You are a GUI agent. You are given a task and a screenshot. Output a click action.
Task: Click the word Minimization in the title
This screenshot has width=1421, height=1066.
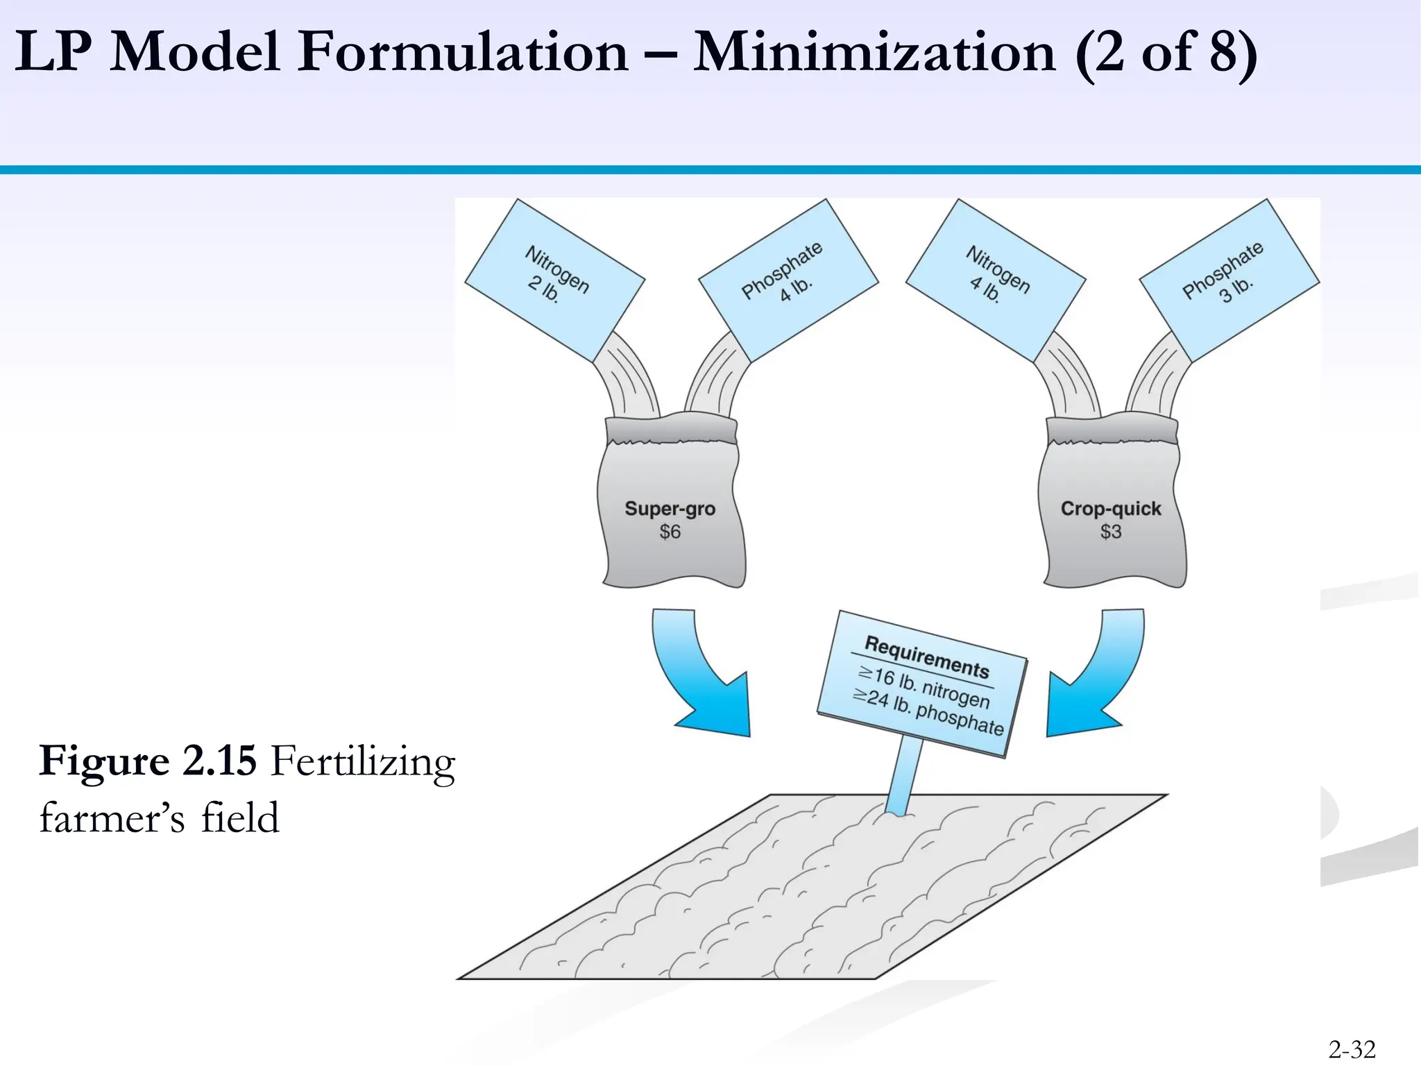click(874, 53)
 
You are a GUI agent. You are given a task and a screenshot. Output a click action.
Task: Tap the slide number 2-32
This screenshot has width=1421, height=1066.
click(1352, 1049)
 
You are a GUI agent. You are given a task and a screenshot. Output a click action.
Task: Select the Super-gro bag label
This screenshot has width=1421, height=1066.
click(670, 509)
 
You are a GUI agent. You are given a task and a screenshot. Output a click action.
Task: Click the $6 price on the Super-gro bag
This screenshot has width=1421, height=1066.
click(670, 532)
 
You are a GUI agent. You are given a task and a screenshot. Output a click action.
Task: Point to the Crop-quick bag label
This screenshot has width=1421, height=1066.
click(1110, 509)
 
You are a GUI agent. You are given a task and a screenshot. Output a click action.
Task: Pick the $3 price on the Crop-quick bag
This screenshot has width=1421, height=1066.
click(1110, 532)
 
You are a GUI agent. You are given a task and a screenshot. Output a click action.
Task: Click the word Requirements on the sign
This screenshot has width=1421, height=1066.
click(926, 657)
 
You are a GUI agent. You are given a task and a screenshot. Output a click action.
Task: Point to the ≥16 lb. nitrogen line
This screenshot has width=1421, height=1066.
click(924, 686)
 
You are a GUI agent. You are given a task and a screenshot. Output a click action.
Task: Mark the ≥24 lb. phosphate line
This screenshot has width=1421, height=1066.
click(928, 712)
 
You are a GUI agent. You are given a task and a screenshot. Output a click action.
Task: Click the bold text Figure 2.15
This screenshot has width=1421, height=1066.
click(148, 761)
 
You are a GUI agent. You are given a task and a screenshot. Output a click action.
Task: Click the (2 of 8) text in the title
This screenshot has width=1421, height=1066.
click(1166, 53)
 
